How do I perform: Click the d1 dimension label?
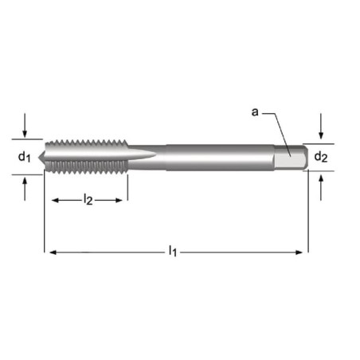[24, 156]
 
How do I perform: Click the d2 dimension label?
[321, 156]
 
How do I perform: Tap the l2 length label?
[88, 199]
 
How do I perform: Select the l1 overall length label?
[173, 251]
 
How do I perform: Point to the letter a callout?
[255, 112]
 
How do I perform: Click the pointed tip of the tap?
[39, 158]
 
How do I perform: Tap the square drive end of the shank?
[292, 158]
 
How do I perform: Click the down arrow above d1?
[25, 125]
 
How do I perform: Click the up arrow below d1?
[25, 189]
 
